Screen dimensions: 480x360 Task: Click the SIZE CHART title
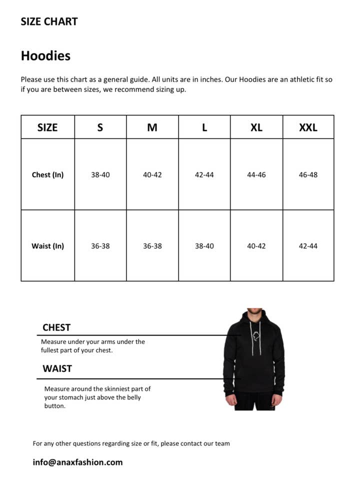(49, 21)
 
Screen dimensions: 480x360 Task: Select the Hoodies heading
(45, 55)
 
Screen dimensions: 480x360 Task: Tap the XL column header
(256, 127)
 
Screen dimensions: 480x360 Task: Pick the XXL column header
(308, 127)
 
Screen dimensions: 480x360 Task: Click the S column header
(100, 127)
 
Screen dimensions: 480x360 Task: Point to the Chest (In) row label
(47, 175)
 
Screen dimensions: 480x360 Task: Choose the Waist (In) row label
(47, 246)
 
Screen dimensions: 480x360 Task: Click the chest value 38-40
(100, 175)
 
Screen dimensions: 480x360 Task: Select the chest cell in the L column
(204, 175)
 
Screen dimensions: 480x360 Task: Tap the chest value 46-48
(308, 175)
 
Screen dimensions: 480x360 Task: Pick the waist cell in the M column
(152, 246)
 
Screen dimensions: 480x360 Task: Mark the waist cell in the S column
(100, 246)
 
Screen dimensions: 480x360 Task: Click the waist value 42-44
(308, 246)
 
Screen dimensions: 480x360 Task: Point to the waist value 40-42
(256, 246)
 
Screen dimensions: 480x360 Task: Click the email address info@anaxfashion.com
(77, 462)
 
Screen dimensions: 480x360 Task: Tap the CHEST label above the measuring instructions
(56, 327)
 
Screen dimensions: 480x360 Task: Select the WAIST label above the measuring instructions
(57, 368)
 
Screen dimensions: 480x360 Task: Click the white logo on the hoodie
(255, 336)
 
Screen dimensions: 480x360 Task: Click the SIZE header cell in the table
(47, 127)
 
